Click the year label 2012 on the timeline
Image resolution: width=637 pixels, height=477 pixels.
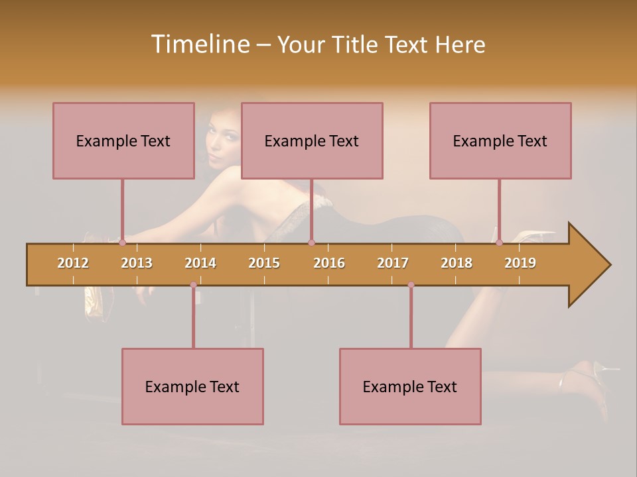pos(73,263)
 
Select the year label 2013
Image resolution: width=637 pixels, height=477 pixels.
pos(137,263)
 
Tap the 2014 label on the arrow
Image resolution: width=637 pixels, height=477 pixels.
pos(200,263)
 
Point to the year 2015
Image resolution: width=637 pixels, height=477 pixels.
pos(264,263)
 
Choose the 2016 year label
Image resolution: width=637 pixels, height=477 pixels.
pos(329,263)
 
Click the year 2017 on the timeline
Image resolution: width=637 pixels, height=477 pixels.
pos(393,263)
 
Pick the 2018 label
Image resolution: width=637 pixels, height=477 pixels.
pos(457,263)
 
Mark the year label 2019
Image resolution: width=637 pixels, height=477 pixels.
pos(520,263)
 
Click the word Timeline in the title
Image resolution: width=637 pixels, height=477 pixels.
pos(199,44)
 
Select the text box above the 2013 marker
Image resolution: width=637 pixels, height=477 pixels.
pos(123,140)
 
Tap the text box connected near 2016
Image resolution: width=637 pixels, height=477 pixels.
pos(312,140)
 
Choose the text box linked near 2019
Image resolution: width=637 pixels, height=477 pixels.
pos(500,140)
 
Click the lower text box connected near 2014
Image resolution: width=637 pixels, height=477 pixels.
pos(192,386)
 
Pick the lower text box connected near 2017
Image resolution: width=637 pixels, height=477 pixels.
pos(410,386)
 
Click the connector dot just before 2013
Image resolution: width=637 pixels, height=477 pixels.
pos(122,242)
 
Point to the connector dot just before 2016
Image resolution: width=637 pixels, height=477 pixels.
pos(311,242)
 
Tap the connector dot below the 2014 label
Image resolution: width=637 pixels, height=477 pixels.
pos(193,285)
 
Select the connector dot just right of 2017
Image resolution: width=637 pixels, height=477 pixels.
pos(411,285)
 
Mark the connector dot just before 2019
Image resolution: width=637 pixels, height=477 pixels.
pos(499,242)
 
